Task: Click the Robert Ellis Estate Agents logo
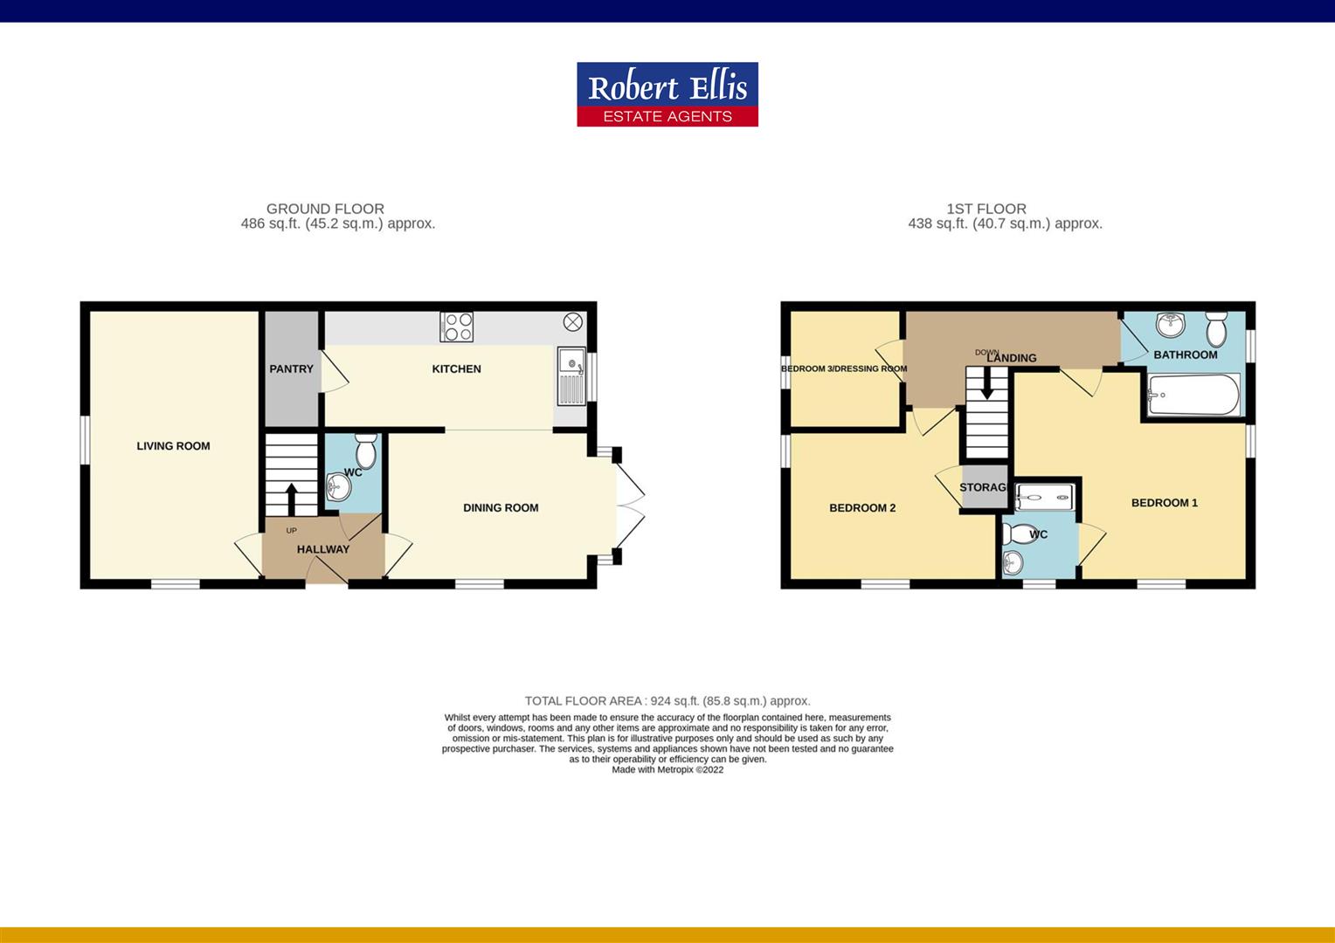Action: tap(667, 94)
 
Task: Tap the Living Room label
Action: tap(173, 446)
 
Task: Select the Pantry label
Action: tap(291, 369)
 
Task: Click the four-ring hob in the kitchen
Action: tap(458, 327)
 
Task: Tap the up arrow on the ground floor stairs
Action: tap(291, 499)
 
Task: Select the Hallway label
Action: tap(322, 549)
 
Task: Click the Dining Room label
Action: tap(501, 508)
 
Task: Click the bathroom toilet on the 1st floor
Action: tap(1215, 328)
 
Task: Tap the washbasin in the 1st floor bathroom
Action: tap(1169, 325)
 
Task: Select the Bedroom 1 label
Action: tap(1164, 503)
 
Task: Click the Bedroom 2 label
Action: tap(862, 508)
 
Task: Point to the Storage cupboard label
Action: tap(984, 487)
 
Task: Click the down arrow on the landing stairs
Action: tap(986, 382)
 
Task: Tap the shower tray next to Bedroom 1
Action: tap(1045, 497)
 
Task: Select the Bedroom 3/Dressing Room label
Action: tap(844, 368)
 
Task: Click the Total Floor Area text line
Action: tap(667, 701)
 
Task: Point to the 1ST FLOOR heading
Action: tap(986, 209)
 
